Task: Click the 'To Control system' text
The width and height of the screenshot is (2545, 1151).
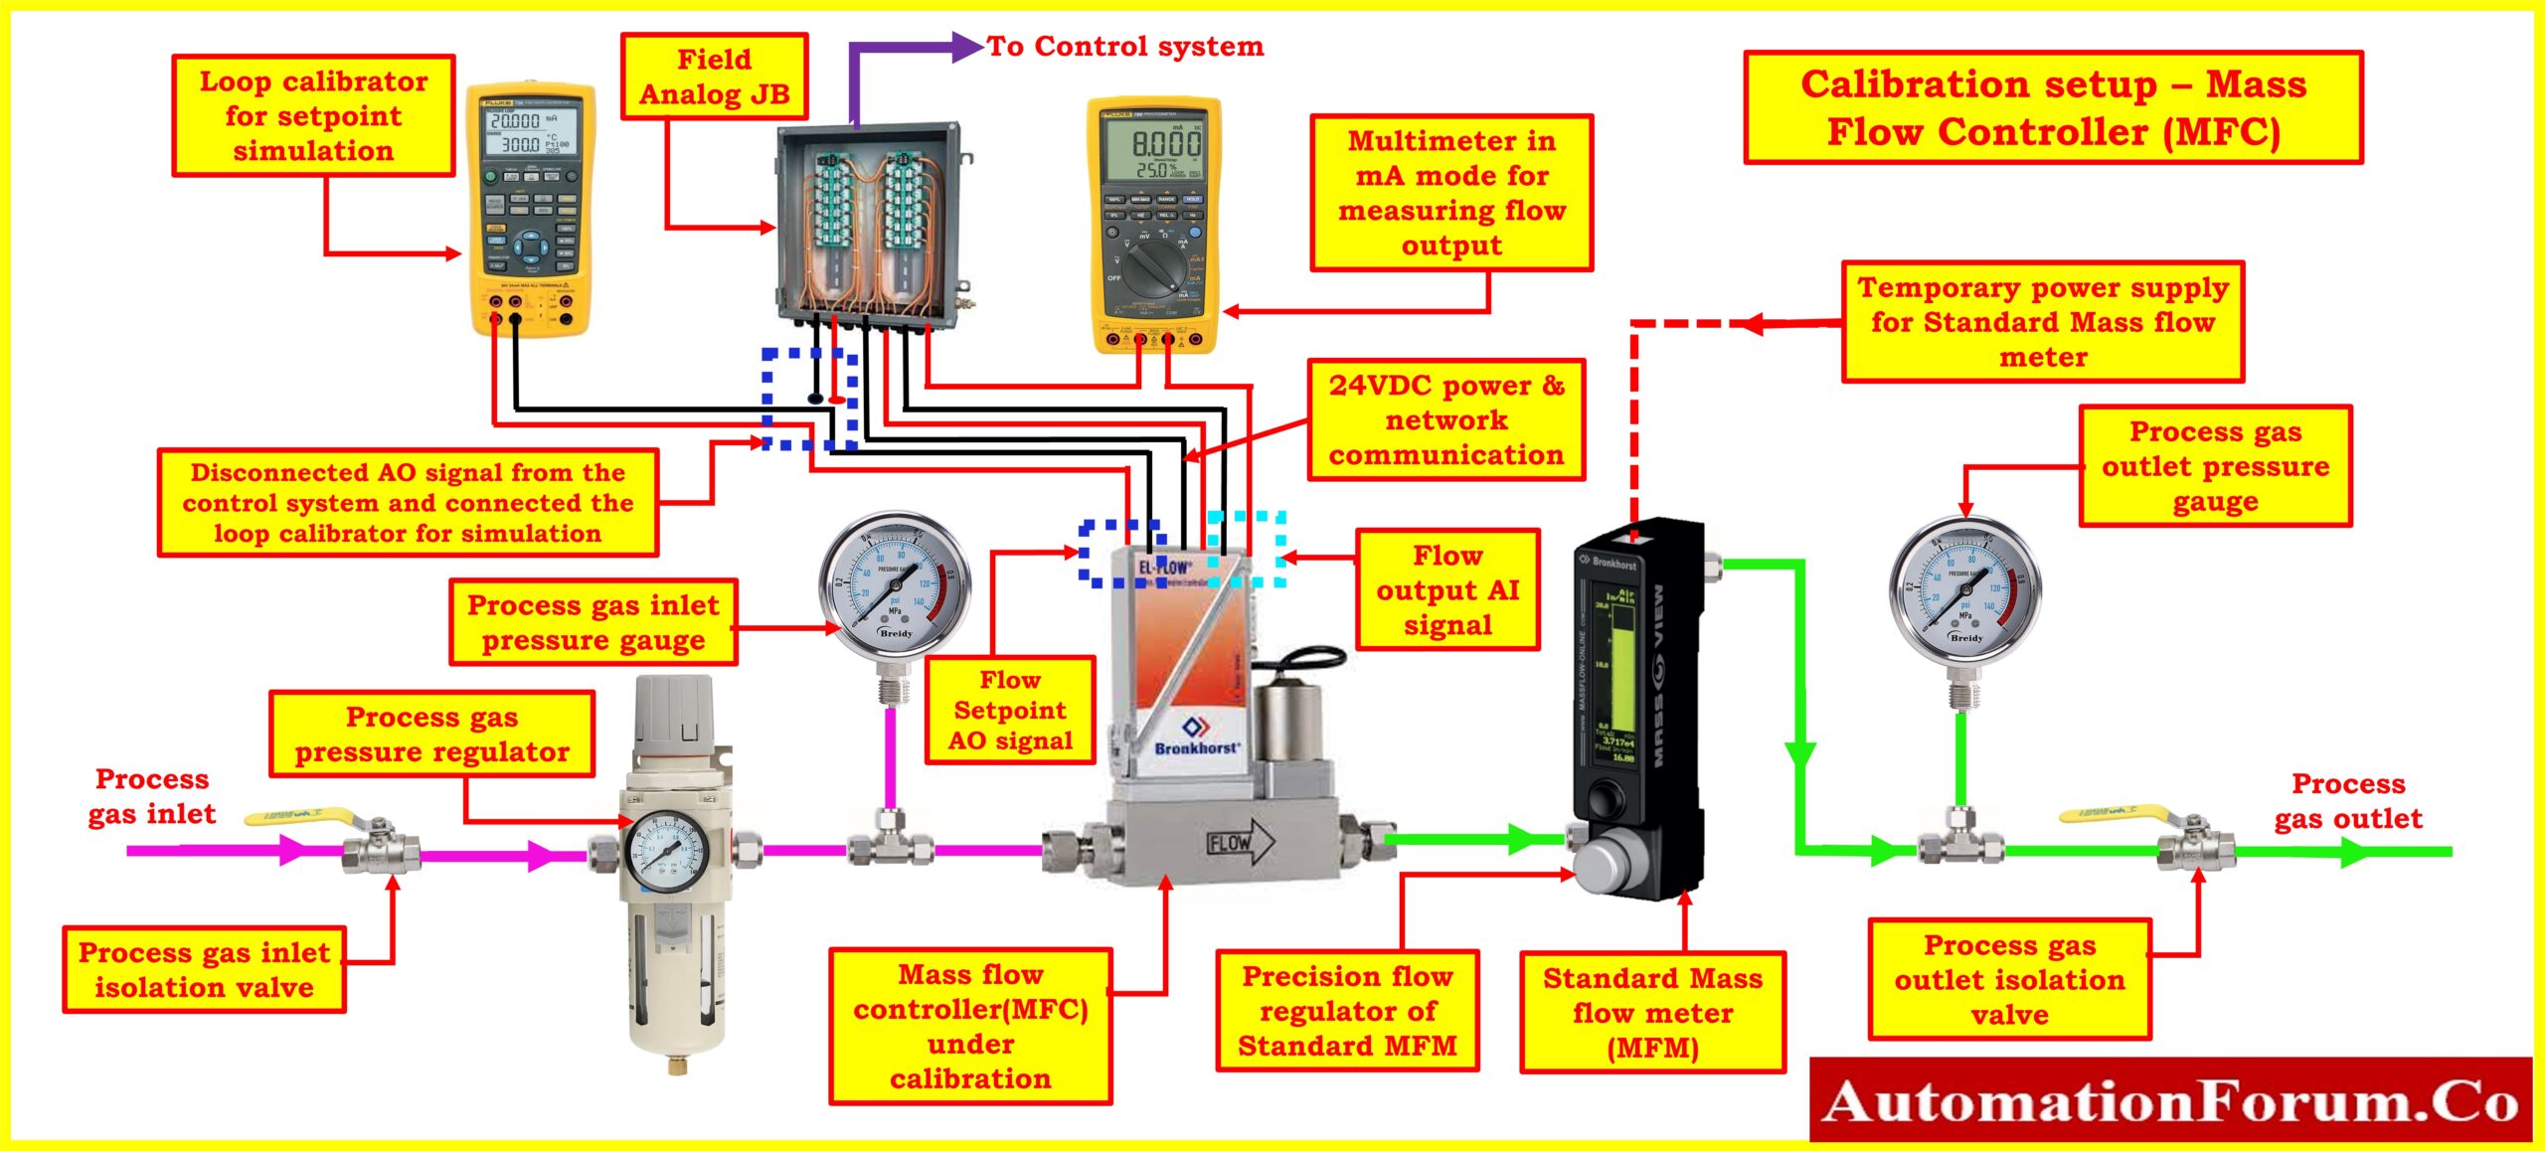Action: (x=1124, y=47)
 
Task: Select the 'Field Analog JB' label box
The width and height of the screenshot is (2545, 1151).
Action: (x=714, y=77)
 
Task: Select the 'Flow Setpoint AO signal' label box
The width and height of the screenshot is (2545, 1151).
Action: (x=1009, y=710)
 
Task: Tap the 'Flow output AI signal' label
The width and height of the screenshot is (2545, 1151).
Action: (x=1446, y=589)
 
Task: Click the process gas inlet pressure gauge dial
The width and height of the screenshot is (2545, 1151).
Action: (x=894, y=586)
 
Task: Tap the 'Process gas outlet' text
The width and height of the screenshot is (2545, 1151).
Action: (x=2347, y=801)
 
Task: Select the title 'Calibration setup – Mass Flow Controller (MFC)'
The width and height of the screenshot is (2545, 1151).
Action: (x=2053, y=107)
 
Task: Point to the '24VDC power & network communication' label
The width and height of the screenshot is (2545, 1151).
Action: (x=1445, y=420)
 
